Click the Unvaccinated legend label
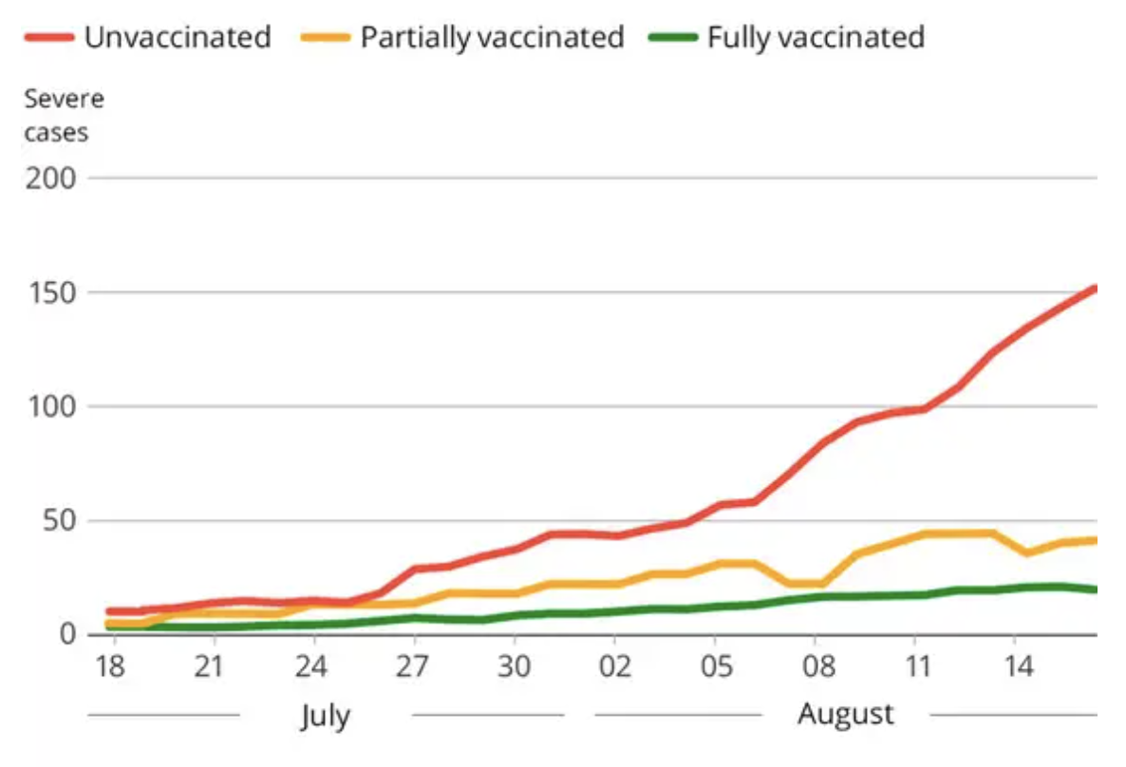[178, 37]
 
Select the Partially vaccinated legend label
[492, 37]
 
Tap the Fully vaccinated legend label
[816, 37]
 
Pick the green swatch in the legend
[674, 37]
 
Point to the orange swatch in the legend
[328, 37]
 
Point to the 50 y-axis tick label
[59, 520]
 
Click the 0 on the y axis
[66, 633]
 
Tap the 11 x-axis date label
[916, 666]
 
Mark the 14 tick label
[1018, 666]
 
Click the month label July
[326, 714]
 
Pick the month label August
[845, 713]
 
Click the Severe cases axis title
[64, 115]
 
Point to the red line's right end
[1095, 288]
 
